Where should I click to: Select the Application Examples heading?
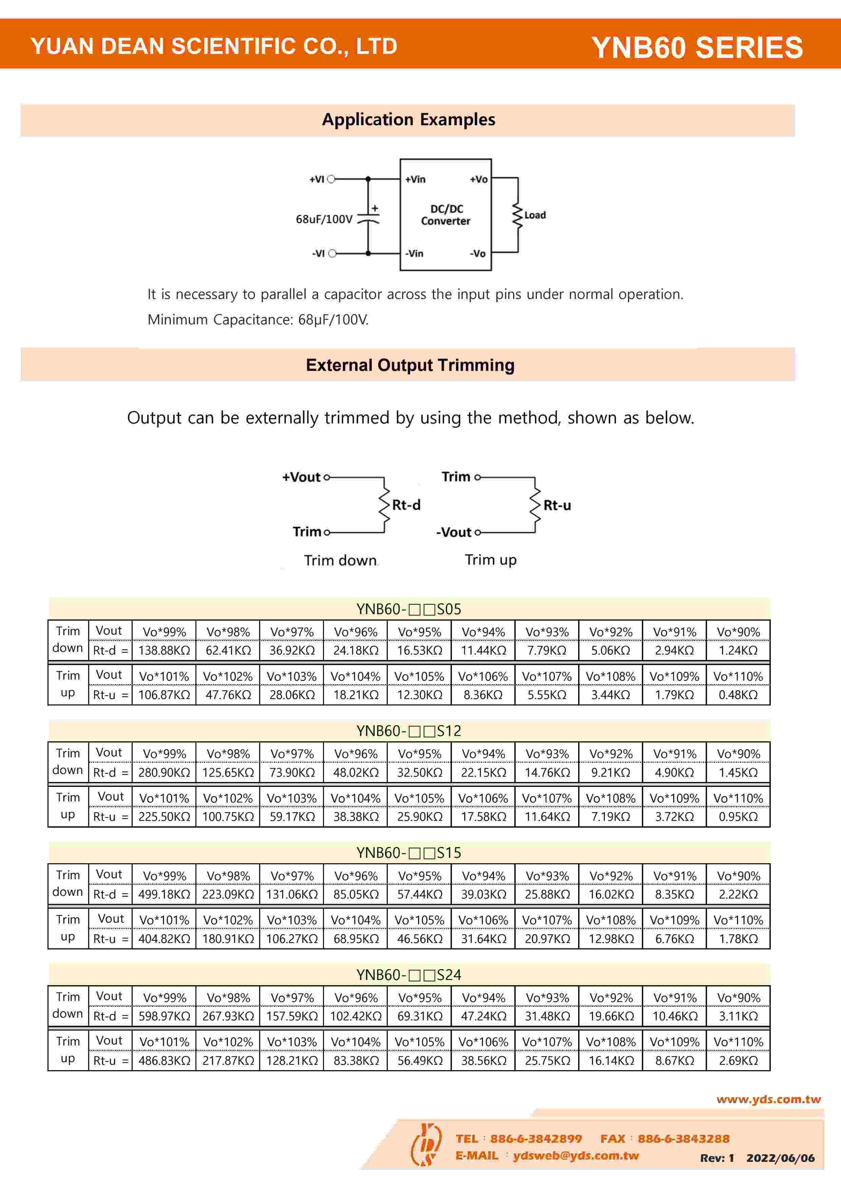(408, 120)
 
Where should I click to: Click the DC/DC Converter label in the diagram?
(445, 215)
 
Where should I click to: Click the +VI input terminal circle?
(331, 179)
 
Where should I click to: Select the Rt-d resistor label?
(406, 505)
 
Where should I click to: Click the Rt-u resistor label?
(557, 506)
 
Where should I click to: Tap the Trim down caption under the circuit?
(340, 560)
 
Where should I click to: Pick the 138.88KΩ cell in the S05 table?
(164, 650)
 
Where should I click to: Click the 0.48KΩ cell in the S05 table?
(738, 695)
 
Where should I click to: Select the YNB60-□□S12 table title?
(408, 731)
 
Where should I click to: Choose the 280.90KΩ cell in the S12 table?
(164, 773)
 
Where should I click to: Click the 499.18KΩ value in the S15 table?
(164, 894)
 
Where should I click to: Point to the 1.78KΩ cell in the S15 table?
(738, 939)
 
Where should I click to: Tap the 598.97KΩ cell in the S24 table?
(164, 1016)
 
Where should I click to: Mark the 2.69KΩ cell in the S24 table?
(738, 1061)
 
